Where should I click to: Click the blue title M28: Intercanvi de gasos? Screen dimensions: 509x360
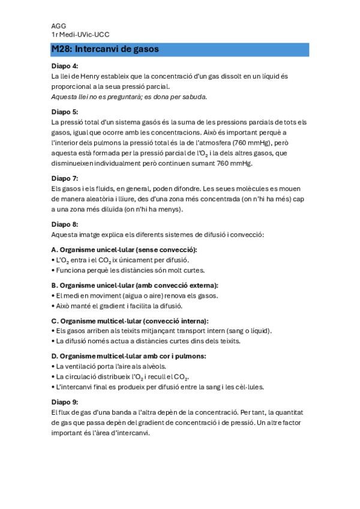[105, 49]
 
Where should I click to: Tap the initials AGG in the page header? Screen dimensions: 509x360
[59, 26]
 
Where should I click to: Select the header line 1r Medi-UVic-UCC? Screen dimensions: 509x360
[80, 35]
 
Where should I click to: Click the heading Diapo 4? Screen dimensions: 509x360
[65, 66]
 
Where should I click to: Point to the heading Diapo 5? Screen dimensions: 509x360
[65, 112]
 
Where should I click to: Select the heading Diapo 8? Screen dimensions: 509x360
[65, 224]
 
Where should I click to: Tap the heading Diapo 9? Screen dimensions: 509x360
[65, 402]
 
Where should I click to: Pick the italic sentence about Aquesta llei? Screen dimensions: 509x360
[129, 97]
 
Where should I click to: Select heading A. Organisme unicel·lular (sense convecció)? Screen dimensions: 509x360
[124, 249]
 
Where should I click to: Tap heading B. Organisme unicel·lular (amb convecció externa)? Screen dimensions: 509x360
[135, 285]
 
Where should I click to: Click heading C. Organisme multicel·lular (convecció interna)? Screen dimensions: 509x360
[130, 321]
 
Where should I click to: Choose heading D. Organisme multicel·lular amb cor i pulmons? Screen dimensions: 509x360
[129, 356]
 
